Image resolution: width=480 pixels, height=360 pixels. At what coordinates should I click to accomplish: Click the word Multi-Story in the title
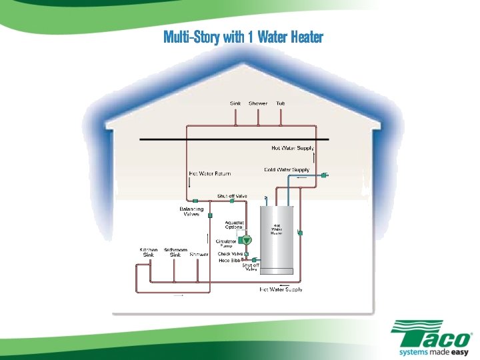(x=192, y=37)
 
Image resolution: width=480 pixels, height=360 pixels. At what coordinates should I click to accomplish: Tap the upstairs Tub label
(x=281, y=103)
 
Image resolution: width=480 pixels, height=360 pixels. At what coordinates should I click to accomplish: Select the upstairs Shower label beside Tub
(x=258, y=103)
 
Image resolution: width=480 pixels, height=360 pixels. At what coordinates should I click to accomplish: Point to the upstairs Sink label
(x=235, y=103)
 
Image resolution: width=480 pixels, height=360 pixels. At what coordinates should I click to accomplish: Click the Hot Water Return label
(x=210, y=174)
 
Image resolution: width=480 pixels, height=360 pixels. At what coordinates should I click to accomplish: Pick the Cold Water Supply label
(x=287, y=170)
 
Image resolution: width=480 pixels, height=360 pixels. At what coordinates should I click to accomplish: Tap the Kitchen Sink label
(x=149, y=252)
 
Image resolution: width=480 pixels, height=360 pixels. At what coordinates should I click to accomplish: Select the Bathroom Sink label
(x=175, y=252)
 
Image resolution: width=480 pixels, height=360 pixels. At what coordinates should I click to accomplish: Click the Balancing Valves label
(x=191, y=211)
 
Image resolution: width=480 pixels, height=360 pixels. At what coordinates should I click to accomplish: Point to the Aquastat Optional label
(x=235, y=225)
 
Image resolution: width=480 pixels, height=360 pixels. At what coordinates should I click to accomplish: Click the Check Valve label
(x=231, y=254)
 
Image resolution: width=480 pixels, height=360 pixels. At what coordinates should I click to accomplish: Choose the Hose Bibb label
(x=229, y=261)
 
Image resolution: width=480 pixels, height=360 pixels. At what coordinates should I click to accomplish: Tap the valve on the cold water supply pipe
(x=323, y=175)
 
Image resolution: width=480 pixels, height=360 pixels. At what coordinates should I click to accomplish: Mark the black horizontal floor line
(x=227, y=139)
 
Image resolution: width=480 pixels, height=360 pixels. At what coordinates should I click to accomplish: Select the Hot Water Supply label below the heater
(x=281, y=290)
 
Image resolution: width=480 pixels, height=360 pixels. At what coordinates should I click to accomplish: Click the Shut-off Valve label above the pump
(x=232, y=197)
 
